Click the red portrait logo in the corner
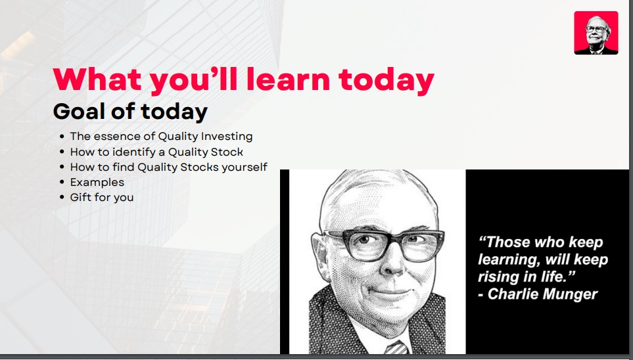(596, 33)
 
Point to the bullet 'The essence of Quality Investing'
(161, 137)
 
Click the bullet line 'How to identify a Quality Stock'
(156, 152)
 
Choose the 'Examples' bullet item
(97, 183)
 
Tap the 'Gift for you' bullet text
(102, 197)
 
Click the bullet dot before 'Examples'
(62, 182)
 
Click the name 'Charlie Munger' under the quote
(542, 294)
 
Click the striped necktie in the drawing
(396, 348)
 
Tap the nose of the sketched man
(391, 263)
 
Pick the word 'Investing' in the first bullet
(227, 137)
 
